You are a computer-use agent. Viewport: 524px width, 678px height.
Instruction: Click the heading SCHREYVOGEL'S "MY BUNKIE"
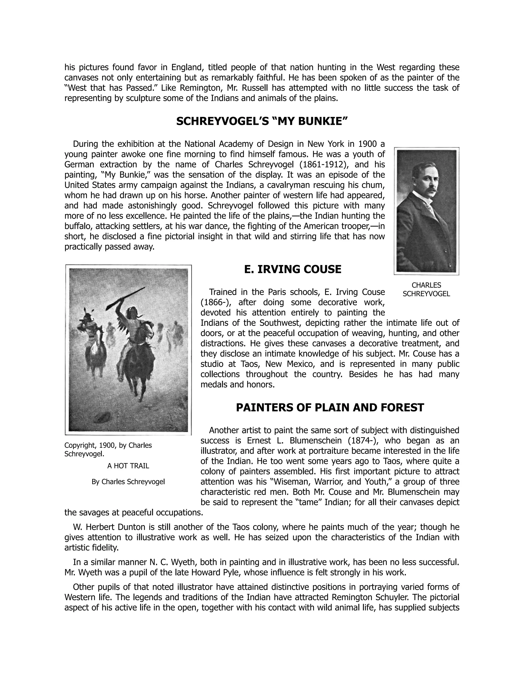[261, 121]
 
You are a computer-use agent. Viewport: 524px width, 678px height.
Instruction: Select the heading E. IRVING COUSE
[292, 269]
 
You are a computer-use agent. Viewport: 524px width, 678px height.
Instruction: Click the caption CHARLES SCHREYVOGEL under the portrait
[426, 289]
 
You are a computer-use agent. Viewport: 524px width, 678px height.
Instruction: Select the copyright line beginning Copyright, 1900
[108, 449]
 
